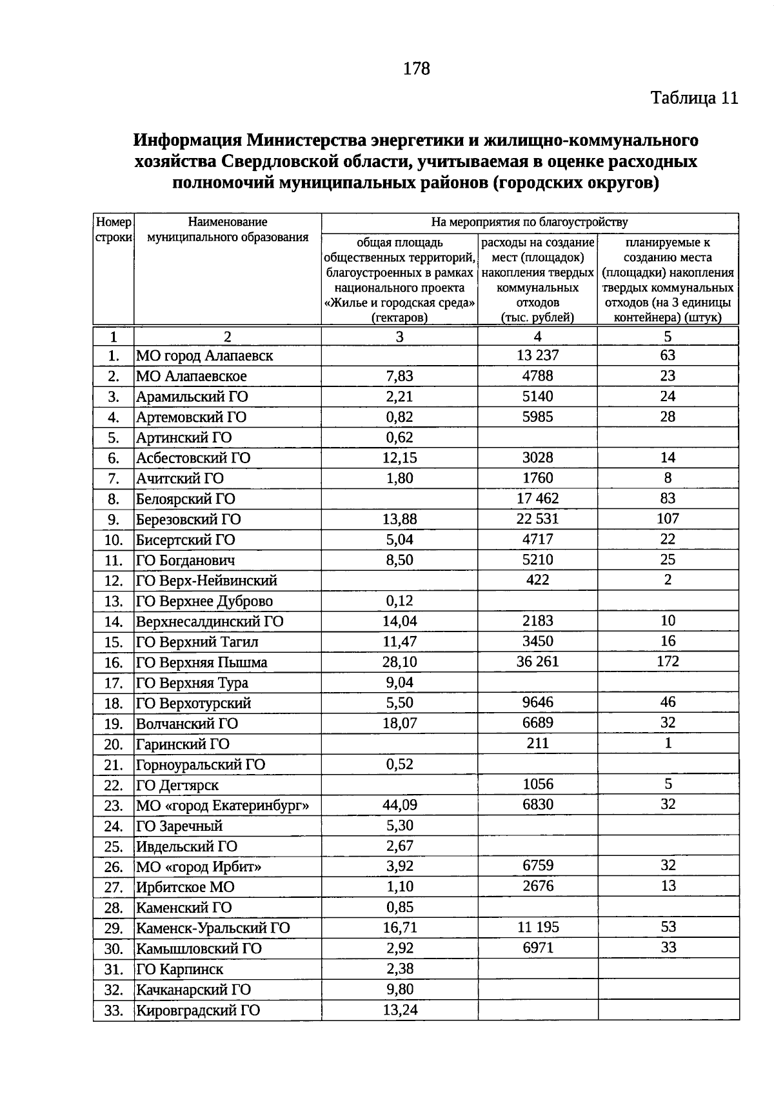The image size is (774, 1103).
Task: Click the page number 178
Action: coord(416,68)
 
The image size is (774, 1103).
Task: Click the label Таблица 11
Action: coord(693,98)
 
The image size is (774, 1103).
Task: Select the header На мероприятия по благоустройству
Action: coord(529,223)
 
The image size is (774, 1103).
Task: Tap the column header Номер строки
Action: coord(114,230)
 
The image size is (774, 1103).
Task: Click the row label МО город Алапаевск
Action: coord(204,355)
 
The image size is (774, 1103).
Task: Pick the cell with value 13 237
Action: coord(537,355)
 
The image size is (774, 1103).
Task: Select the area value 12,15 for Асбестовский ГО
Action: coord(399,458)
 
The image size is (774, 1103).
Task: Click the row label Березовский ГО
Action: coord(188,519)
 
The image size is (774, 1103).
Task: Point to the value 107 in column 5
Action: coord(668,519)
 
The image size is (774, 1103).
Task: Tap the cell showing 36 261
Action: coord(537,662)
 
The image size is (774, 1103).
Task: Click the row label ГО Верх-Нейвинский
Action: coord(206,581)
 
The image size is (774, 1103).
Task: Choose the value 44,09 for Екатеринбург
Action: coord(399,805)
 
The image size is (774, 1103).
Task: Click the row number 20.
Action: coord(114,744)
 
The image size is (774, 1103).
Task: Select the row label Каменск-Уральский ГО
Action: coord(213,928)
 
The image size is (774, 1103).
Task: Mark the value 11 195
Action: coord(537,928)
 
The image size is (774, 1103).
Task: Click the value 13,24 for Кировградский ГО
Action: coord(399,1009)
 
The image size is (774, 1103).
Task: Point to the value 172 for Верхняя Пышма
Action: coord(668,661)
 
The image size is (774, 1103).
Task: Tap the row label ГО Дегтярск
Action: coord(177,785)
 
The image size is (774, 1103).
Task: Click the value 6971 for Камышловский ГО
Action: coord(537,948)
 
